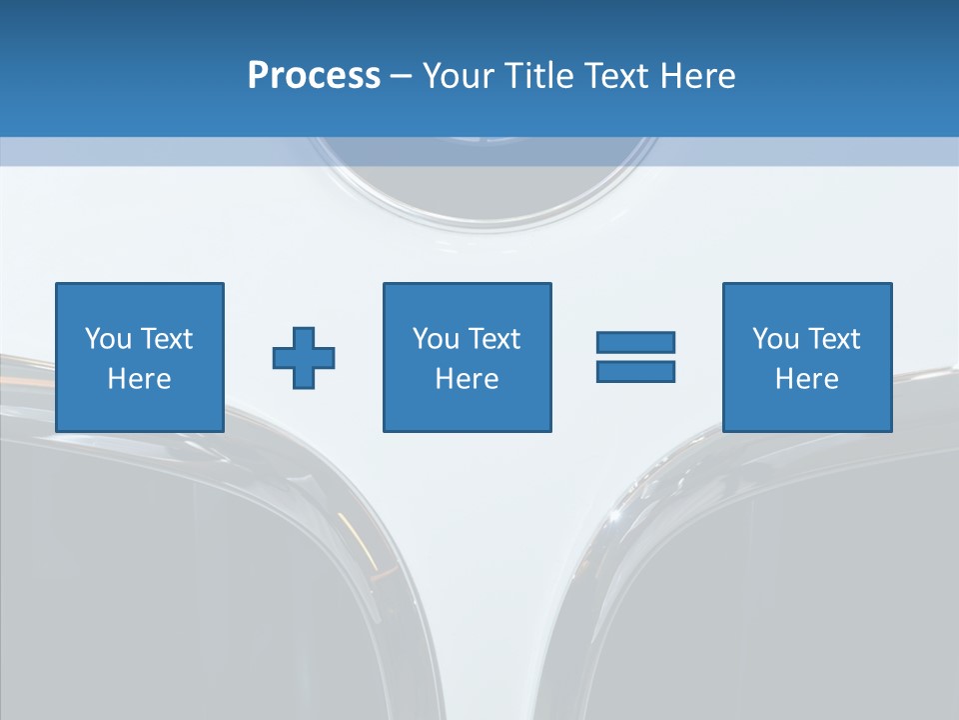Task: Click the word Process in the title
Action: pos(314,76)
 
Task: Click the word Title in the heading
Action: pos(539,76)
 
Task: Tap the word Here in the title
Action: pos(697,76)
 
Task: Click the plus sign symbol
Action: pos(304,357)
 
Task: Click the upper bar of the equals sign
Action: pos(635,342)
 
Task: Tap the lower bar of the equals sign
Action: pos(635,371)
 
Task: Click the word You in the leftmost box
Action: pos(108,339)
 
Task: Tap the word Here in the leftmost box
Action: pos(140,379)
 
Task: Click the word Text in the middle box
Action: pos(492,339)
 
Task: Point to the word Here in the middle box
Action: pos(467,379)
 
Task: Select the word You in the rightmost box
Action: pos(775,339)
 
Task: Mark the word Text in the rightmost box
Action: pos(833,339)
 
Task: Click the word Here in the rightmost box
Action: pos(807,379)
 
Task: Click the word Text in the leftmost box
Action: pos(166,339)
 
